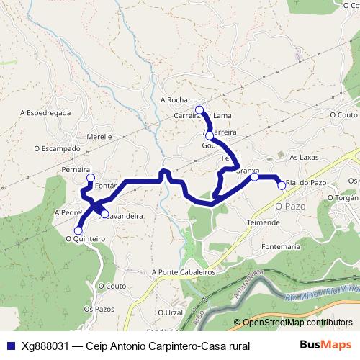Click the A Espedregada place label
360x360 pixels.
pyautogui.click(x=45, y=113)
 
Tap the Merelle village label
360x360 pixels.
pyautogui.click(x=99, y=136)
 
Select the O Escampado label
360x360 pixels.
pyautogui.click(x=58, y=149)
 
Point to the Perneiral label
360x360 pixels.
pyautogui.click(x=76, y=169)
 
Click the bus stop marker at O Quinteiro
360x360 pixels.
pyautogui.click(x=78, y=230)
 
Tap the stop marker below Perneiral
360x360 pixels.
pyautogui.click(x=90, y=178)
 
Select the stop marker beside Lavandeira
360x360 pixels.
pyautogui.click(x=104, y=214)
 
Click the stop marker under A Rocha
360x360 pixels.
pyautogui.click(x=199, y=110)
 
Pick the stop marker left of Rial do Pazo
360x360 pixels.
pyautogui.click(x=282, y=185)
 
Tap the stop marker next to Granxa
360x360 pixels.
pyautogui.click(x=254, y=176)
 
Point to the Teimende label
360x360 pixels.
pyautogui.click(x=263, y=222)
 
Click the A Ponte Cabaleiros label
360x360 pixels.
pyautogui.click(x=184, y=273)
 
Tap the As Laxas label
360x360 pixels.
pyautogui.click(x=303, y=156)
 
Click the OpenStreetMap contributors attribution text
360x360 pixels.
pyautogui.click(x=293, y=323)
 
